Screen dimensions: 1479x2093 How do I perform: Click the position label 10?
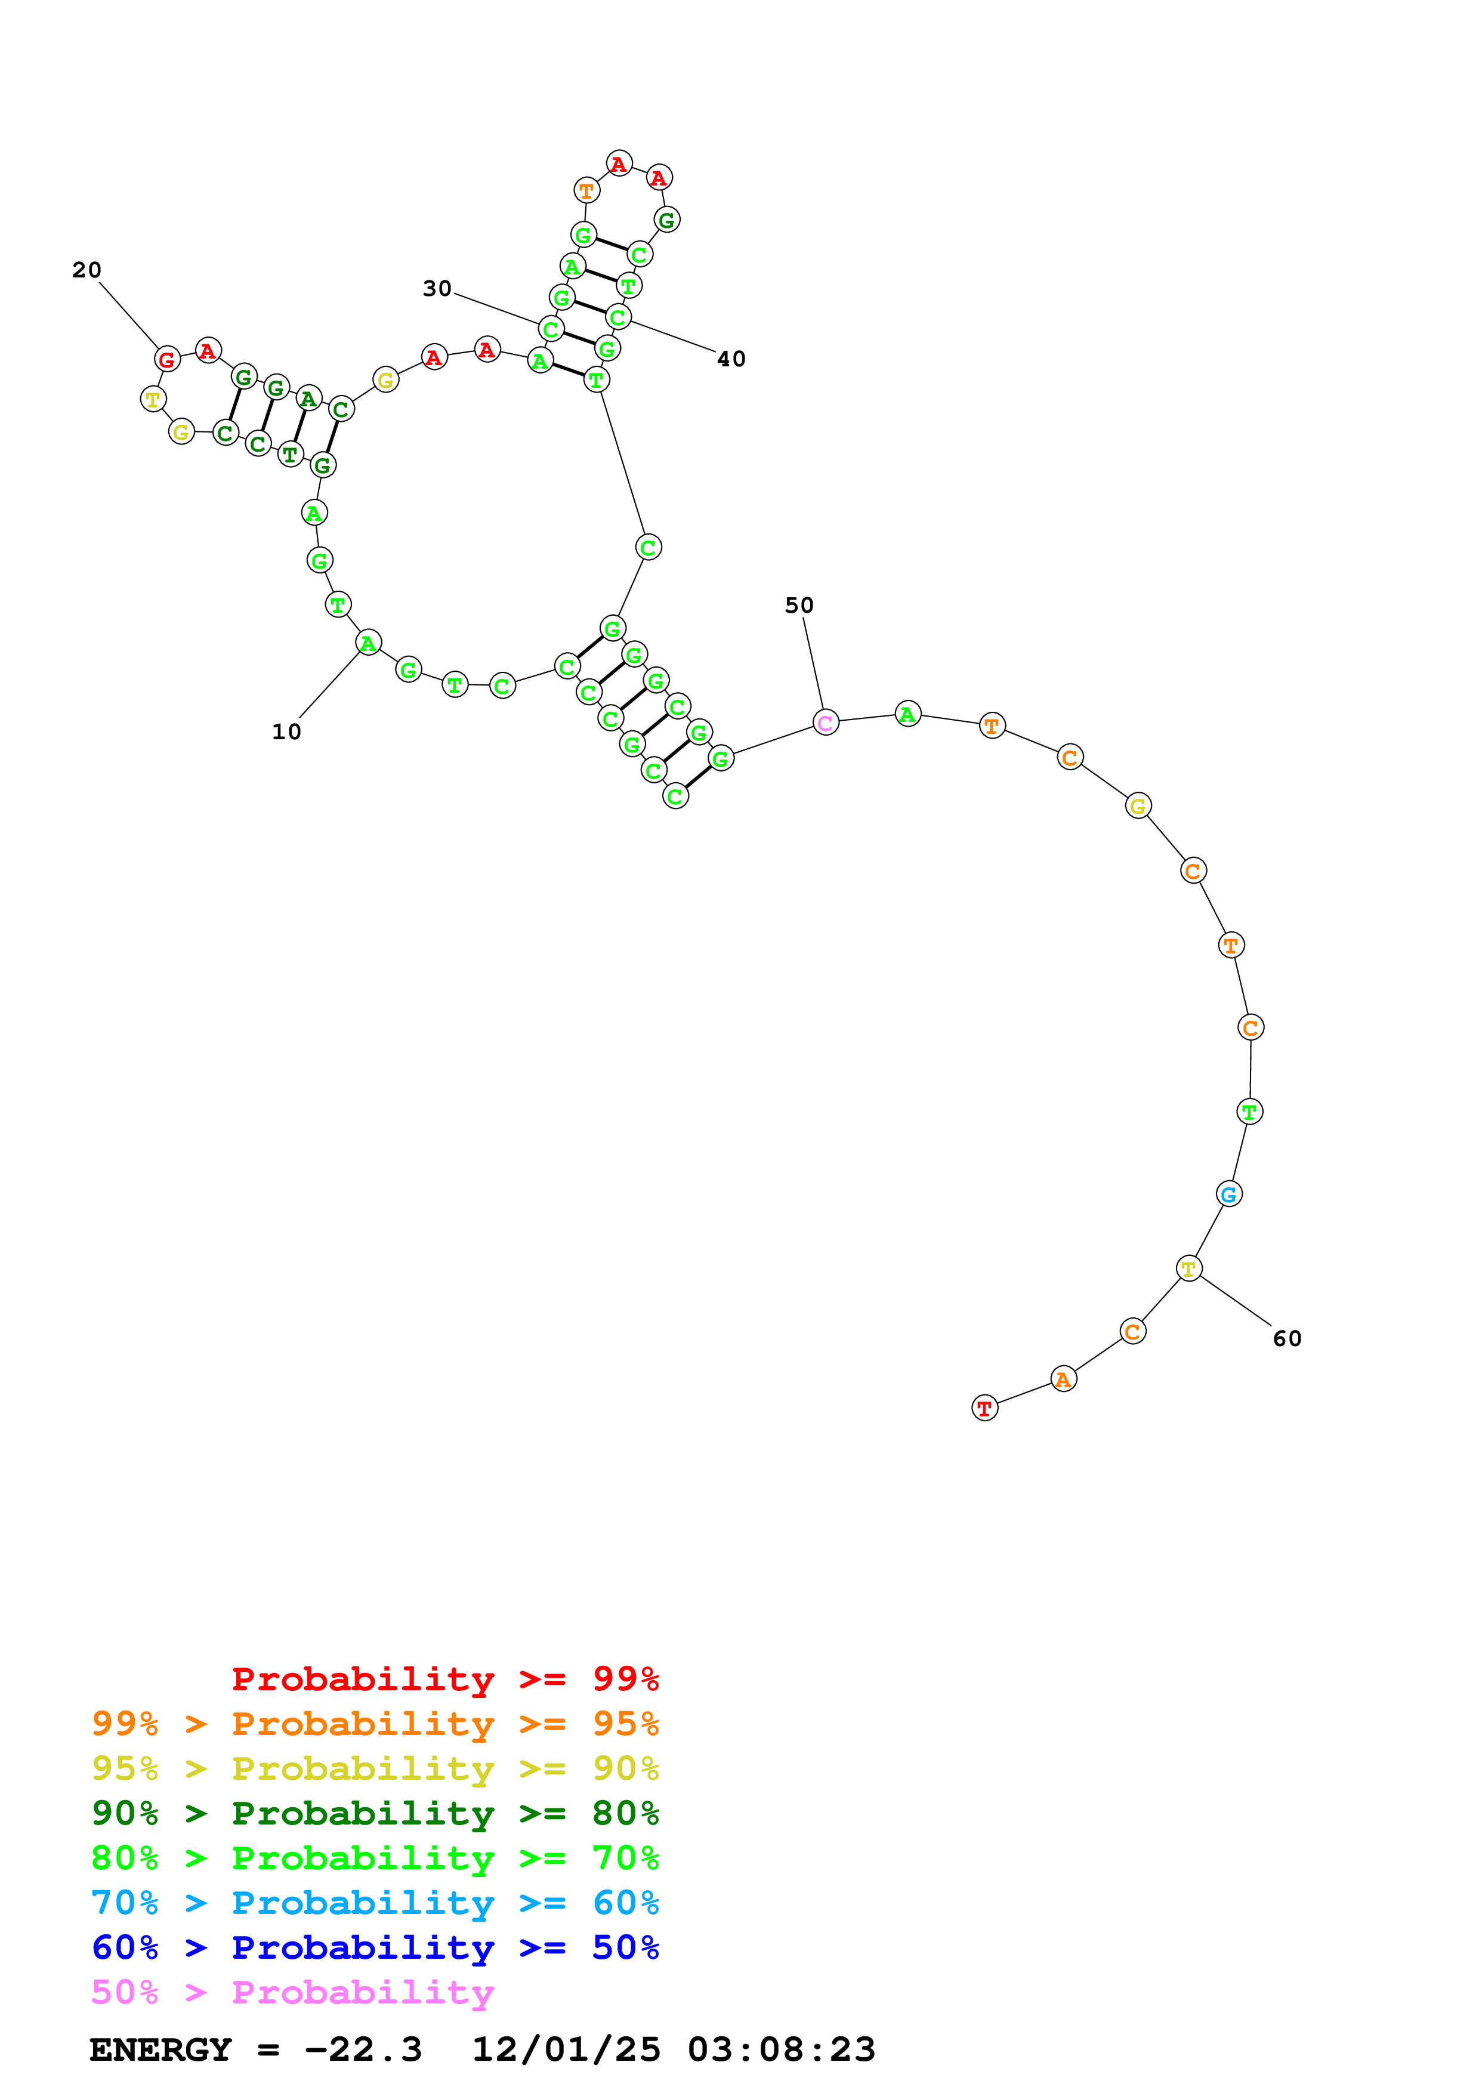[286, 732]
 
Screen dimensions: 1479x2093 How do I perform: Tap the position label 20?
[87, 270]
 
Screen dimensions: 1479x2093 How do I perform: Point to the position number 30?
[437, 289]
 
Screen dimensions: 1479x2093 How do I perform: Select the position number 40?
[731, 359]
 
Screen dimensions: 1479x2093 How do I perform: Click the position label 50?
[799, 606]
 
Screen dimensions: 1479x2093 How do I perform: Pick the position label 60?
[1287, 1338]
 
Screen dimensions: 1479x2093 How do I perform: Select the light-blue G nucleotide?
[1228, 1194]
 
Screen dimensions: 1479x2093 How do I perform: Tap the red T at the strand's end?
[984, 1409]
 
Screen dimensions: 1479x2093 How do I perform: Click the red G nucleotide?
[167, 359]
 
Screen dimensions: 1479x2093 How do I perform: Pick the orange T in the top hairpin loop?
[587, 190]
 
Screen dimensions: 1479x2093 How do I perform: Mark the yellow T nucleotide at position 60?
[1189, 1268]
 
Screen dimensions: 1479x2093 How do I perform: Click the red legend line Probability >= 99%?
[444, 1678]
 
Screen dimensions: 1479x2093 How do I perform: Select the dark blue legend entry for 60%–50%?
[375, 1947]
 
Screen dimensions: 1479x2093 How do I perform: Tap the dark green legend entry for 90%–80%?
[375, 1813]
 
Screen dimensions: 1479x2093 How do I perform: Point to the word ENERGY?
[160, 2049]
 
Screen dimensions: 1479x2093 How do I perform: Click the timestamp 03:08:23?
[781, 2049]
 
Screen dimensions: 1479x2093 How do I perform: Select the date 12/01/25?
[566, 2049]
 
